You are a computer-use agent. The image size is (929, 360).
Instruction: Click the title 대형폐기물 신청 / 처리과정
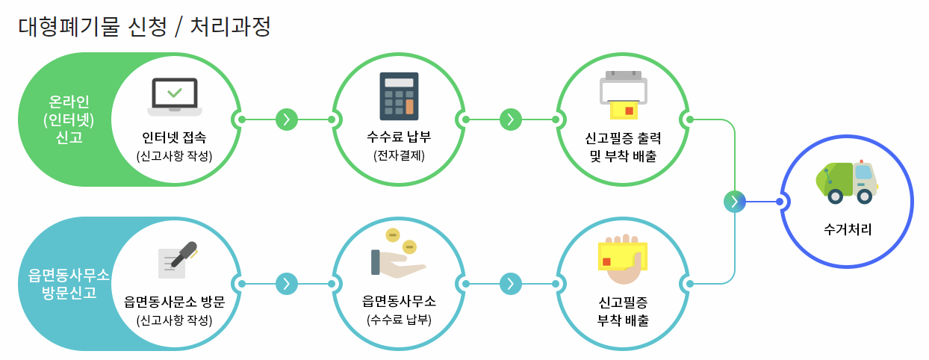click(144, 27)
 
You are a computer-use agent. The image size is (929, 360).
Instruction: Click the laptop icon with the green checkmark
click(175, 96)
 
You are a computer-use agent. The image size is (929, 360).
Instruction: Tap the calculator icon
click(398, 96)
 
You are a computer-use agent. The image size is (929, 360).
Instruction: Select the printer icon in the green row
click(623, 94)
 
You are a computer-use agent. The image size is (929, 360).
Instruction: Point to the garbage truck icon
click(847, 181)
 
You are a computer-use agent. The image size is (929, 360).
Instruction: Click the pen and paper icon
click(176, 259)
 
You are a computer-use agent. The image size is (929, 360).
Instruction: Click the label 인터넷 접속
click(175, 138)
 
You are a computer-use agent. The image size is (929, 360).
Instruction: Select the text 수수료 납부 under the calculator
click(399, 138)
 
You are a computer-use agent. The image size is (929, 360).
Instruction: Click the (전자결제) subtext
click(399, 156)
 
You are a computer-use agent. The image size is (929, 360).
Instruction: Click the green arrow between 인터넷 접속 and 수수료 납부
click(287, 120)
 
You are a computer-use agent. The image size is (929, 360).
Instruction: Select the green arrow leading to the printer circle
click(510, 120)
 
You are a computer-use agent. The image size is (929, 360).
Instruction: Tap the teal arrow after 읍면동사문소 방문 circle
click(287, 284)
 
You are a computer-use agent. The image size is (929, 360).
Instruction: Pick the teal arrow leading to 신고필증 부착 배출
click(510, 284)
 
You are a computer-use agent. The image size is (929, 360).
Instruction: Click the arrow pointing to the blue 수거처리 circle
click(735, 202)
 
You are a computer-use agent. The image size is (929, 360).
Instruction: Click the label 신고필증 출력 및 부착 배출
click(623, 147)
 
